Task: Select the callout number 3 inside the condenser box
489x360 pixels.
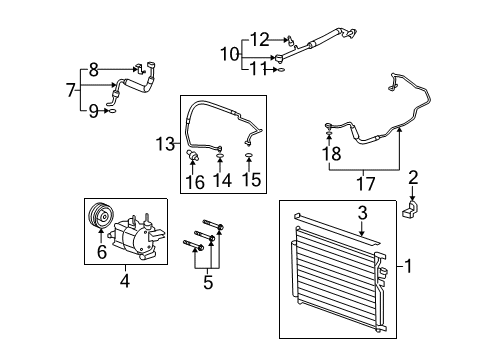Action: click(363, 212)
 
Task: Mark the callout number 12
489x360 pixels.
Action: click(258, 40)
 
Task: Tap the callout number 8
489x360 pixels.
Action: click(93, 69)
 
